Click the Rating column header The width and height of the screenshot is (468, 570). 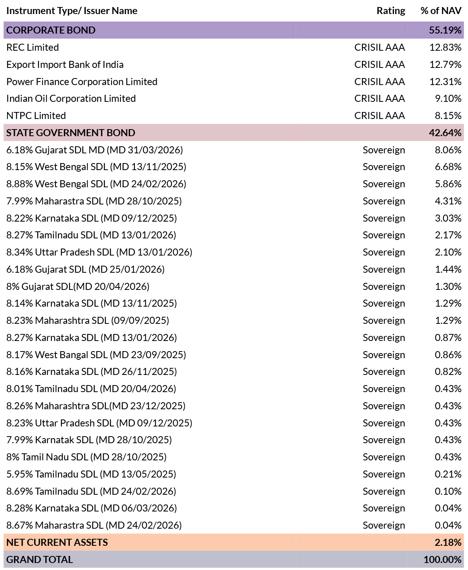[x=390, y=11]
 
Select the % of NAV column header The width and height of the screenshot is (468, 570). [x=441, y=11]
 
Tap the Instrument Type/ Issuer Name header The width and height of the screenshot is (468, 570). [x=72, y=11]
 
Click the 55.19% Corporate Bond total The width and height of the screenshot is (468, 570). [x=445, y=30]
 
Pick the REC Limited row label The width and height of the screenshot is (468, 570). [x=33, y=47]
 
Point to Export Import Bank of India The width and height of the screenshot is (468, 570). [x=65, y=65]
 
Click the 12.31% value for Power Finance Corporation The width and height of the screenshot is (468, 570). [x=445, y=82]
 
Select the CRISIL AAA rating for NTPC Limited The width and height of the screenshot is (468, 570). [x=380, y=115]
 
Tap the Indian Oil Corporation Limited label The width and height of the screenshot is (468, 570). [x=71, y=99]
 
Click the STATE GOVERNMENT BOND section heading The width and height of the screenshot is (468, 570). [x=71, y=133]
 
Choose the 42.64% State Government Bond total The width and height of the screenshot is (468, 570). [x=445, y=133]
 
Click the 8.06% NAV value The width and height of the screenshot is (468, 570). [x=448, y=150]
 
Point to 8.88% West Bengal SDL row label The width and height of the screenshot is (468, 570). [x=96, y=184]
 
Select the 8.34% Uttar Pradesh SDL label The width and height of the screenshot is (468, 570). [x=99, y=252]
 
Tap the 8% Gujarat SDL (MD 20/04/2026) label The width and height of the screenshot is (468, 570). [x=78, y=286]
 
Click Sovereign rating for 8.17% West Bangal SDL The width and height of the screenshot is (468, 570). [x=384, y=355]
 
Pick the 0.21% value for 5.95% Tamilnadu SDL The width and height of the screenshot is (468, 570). [x=448, y=474]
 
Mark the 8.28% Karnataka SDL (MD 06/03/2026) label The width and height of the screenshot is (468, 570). [x=92, y=508]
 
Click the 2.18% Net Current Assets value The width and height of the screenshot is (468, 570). [x=448, y=542]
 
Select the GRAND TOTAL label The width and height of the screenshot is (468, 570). [x=40, y=560]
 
